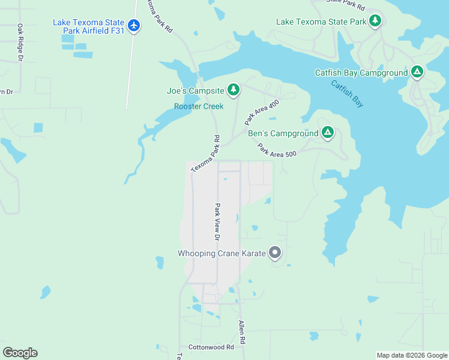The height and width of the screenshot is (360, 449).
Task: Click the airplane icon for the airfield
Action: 133,26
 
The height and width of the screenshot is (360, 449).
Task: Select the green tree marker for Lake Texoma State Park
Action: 375,21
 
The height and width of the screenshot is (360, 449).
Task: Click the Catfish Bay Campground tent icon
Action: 417,73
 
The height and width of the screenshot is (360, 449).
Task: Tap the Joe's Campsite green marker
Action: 233,91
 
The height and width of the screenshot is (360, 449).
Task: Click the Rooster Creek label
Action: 199,106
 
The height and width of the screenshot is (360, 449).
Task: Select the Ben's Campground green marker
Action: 327,132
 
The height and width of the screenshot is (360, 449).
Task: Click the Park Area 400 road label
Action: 262,112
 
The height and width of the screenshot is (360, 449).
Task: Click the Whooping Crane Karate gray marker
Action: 275,253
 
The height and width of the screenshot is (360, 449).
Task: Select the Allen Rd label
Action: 241,332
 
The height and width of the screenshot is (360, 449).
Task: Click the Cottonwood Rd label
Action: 211,347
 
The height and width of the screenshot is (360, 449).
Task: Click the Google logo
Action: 20,352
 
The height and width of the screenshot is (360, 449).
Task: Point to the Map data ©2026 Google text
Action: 411,355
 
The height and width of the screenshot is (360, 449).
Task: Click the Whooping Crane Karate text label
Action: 221,254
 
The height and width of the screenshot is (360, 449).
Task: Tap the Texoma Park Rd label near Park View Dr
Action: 206,154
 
